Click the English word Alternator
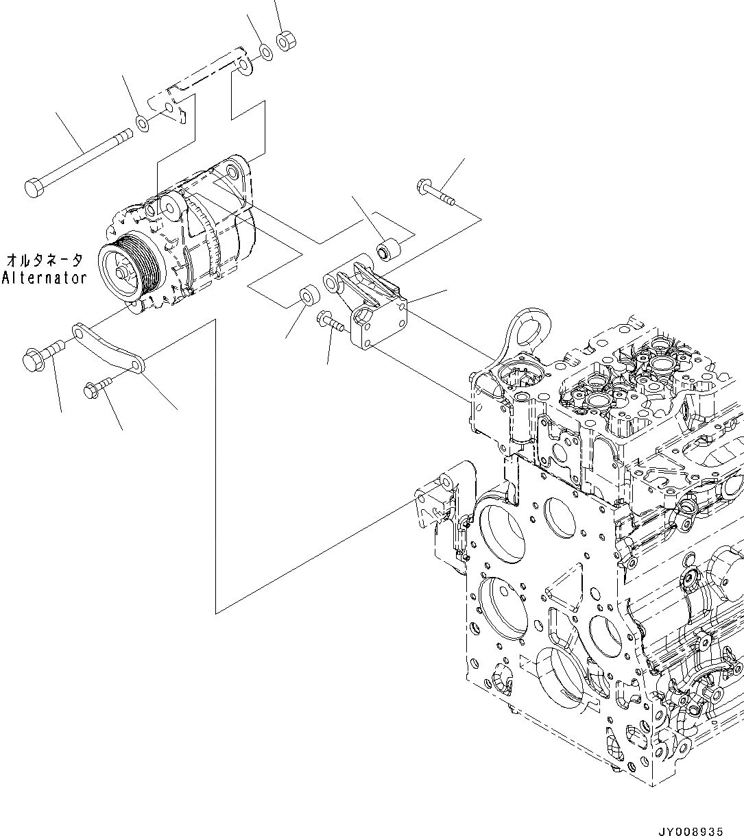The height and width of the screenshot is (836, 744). pos(45,278)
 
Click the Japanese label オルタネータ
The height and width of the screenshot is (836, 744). pos(45,260)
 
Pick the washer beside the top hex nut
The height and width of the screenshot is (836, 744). pos(265,52)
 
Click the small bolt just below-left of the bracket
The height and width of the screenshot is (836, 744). pos(329,321)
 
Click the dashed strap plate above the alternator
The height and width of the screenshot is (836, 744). pos(206,75)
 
